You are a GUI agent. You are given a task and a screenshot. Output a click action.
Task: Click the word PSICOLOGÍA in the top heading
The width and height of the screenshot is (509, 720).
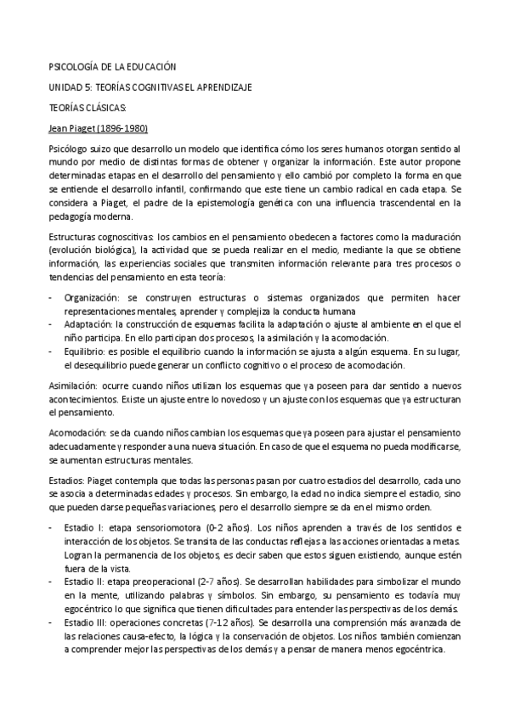[73, 66]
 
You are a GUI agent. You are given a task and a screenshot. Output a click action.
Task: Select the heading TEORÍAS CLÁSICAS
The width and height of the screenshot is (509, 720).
[88, 108]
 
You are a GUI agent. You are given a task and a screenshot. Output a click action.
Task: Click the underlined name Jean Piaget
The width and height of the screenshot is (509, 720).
[76, 129]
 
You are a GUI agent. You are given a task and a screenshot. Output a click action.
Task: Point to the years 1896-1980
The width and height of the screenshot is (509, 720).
[126, 129]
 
